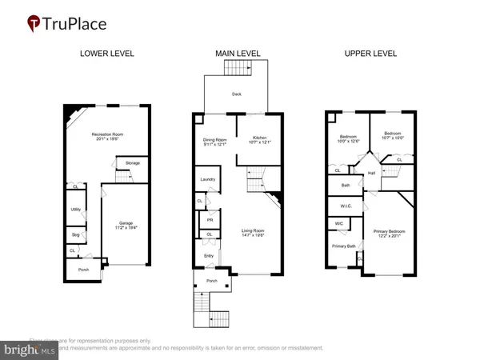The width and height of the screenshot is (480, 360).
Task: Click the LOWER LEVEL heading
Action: [106, 54]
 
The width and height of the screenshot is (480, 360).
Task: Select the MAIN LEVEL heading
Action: [237, 54]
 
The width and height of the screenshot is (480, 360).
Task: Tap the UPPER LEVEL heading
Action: [370, 54]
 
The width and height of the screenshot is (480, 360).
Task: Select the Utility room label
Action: [75, 209]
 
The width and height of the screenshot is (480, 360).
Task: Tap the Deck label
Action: [238, 94]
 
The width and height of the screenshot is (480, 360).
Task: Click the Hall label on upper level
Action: [372, 173]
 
